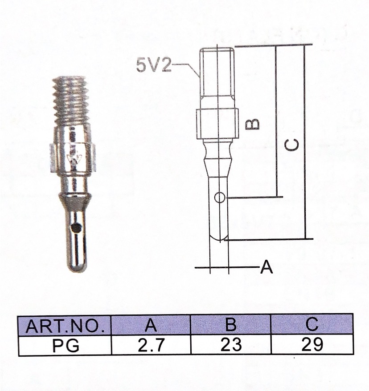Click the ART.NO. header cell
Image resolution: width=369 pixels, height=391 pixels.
[65, 326]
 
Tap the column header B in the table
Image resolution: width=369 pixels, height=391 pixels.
[230, 324]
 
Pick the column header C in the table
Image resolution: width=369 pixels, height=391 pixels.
[312, 324]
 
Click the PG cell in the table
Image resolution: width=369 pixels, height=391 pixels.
[66, 345]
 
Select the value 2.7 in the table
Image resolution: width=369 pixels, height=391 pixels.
[151, 345]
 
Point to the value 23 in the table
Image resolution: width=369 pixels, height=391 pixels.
[231, 344]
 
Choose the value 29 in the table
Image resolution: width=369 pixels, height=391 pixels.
[312, 344]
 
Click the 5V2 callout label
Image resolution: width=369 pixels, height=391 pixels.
[154, 65]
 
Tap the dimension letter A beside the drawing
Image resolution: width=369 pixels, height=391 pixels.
[266, 267]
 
